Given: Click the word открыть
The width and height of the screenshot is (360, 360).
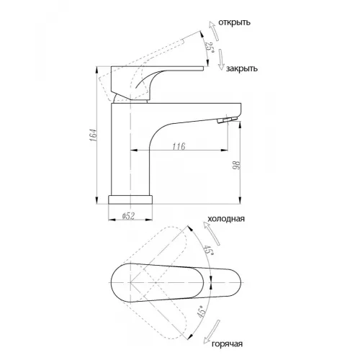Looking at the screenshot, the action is pyautogui.click(x=234, y=22).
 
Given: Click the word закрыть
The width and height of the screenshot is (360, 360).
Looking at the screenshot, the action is pyautogui.click(x=242, y=68).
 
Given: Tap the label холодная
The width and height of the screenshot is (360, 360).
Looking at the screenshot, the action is pyautogui.click(x=226, y=219).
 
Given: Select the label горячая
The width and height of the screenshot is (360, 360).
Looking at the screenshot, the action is pyautogui.click(x=227, y=343).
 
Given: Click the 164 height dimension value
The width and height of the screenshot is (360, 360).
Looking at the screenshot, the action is pyautogui.click(x=94, y=135).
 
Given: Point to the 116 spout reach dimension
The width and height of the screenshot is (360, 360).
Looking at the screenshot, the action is pyautogui.click(x=179, y=146).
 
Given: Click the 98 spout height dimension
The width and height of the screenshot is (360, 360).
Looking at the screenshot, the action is pyautogui.click(x=236, y=166).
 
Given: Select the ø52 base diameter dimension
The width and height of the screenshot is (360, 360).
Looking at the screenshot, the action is pyautogui.click(x=128, y=216).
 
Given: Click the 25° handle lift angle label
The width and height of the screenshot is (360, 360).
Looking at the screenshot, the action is pyautogui.click(x=210, y=48).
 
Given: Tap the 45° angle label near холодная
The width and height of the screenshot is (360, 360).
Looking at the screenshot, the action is pyautogui.click(x=208, y=251).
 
